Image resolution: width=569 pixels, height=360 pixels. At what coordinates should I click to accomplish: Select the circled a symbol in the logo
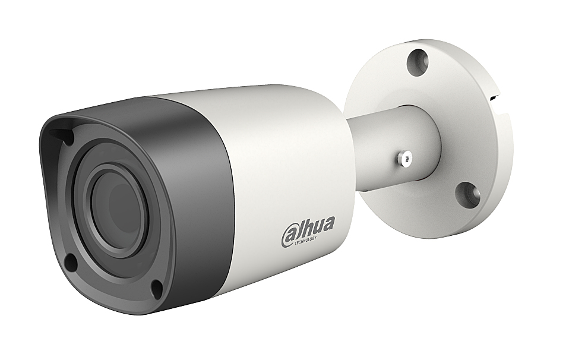tap(289, 235)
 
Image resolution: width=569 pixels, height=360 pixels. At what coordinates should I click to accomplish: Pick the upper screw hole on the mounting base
tap(418, 62)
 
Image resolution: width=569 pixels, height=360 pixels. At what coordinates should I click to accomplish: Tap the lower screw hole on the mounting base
tap(467, 195)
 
